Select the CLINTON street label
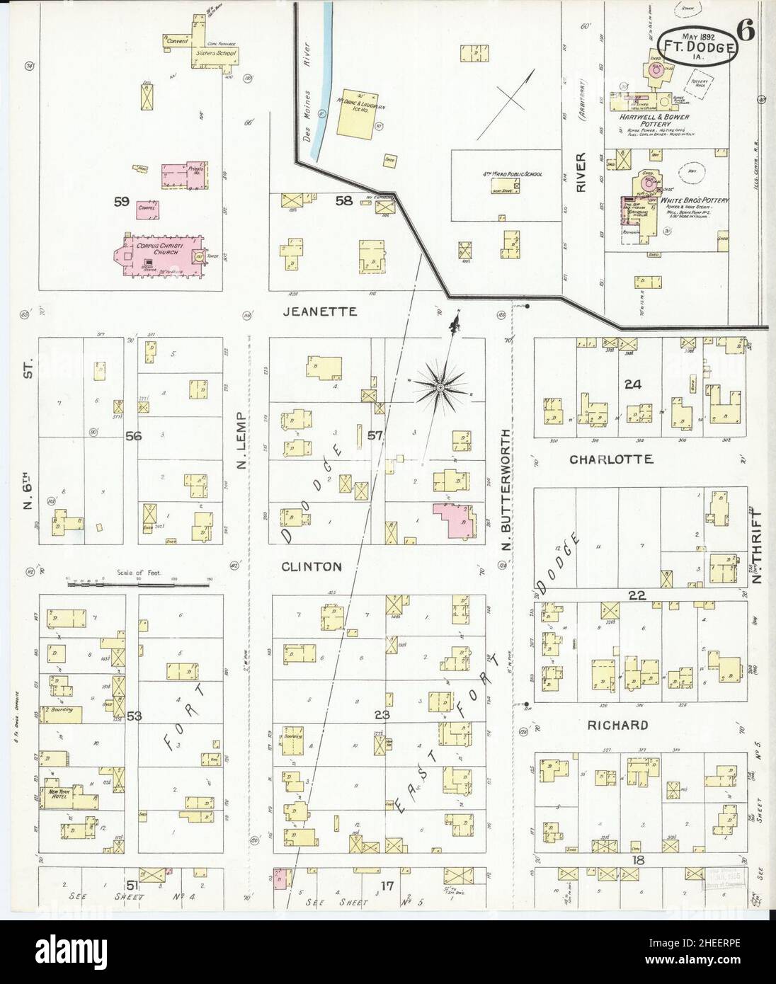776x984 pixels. (312, 566)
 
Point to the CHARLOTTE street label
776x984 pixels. (611, 459)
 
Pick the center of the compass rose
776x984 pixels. (440, 387)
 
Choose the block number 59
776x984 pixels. (122, 202)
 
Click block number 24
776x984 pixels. (632, 384)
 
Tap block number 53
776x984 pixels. (134, 716)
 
